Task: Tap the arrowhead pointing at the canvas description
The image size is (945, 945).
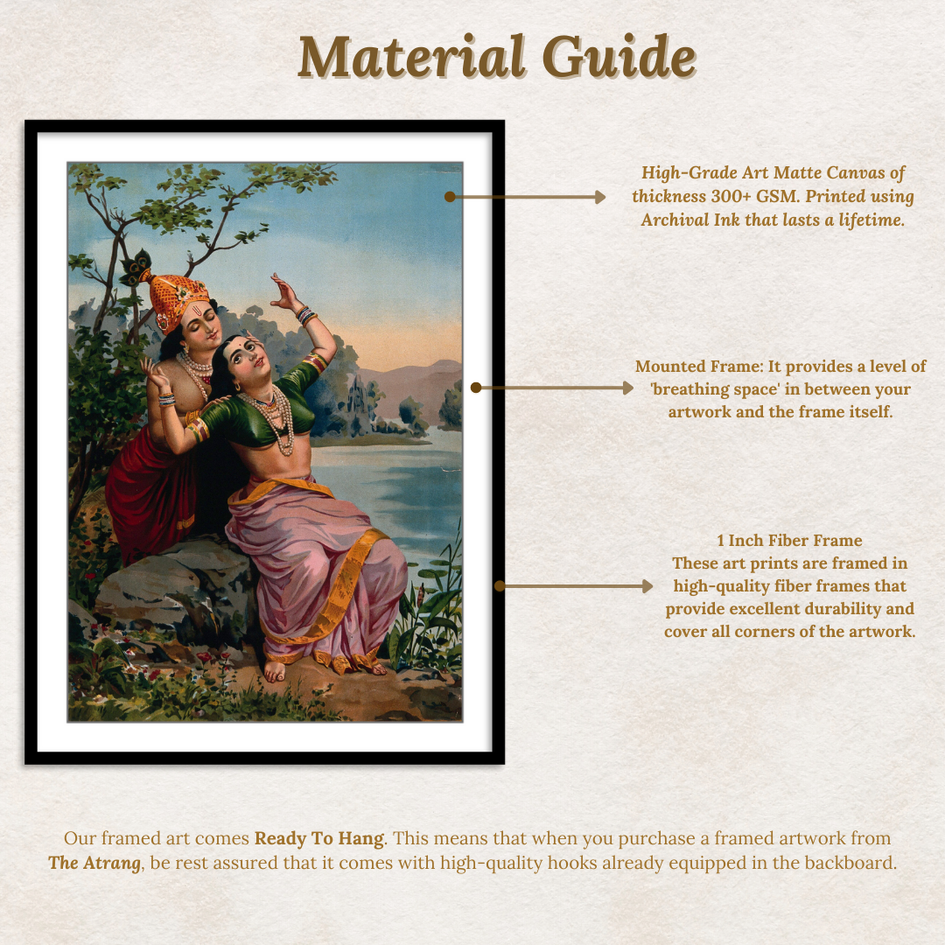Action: click(x=600, y=197)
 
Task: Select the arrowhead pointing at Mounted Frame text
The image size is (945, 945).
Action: click(x=627, y=387)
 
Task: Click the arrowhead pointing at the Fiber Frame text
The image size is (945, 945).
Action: click(x=647, y=586)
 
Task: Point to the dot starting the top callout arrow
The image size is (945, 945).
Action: click(x=450, y=197)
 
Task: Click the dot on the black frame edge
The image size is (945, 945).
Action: click(x=500, y=586)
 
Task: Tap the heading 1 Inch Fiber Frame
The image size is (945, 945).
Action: click(x=789, y=541)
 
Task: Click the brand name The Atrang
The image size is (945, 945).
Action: click(x=94, y=863)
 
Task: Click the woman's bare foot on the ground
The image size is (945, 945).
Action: click(x=275, y=670)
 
